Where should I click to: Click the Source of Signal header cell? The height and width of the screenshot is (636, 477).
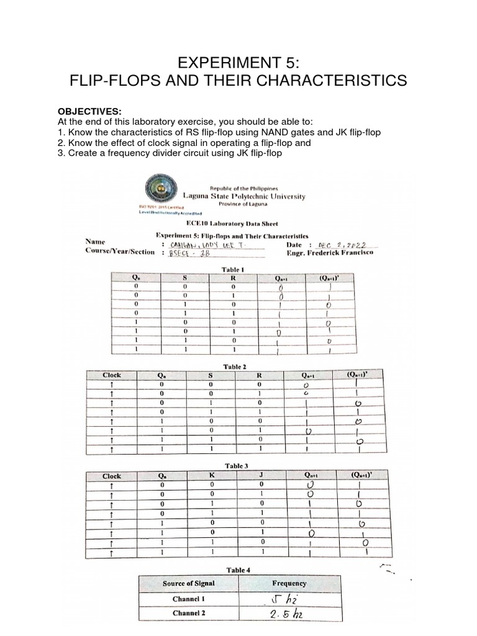188,583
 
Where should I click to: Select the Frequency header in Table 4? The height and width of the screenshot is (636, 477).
289,583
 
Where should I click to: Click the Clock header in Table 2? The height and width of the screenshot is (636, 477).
112,375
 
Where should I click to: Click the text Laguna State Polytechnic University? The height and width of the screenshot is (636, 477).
252,196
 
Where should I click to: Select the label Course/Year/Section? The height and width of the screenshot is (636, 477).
120,252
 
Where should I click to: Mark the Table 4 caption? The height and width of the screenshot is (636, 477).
238,570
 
